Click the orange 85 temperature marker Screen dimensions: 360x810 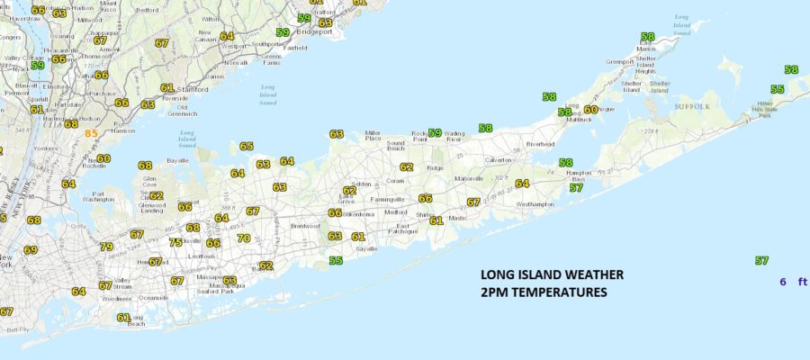point(91,133)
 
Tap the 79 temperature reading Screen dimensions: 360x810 point(106,247)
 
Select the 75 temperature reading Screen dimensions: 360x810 point(175,242)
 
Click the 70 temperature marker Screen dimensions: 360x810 point(244,238)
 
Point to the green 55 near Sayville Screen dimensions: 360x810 point(336,261)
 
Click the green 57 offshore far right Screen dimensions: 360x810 point(761,261)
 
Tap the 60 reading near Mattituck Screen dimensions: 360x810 point(590,110)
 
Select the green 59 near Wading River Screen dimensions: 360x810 point(435,133)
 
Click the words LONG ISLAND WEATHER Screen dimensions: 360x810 point(552,275)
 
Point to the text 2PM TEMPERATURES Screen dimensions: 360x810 point(544,292)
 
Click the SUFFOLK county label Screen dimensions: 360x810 point(692,106)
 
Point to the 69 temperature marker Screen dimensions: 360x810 point(31,250)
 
